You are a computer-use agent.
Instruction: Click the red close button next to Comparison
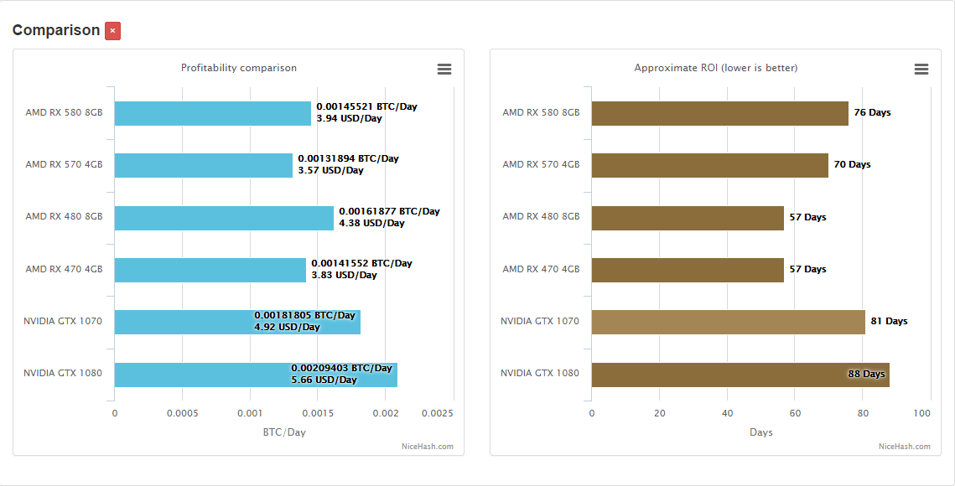pos(112,31)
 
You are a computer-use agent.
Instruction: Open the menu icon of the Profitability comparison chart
pos(444,69)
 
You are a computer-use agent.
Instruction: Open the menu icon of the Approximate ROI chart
pos(921,69)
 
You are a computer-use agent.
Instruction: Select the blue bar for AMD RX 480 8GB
pos(224,218)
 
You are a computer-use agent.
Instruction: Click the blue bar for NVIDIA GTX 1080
pos(201,375)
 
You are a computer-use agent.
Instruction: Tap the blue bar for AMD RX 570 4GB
pos(203,165)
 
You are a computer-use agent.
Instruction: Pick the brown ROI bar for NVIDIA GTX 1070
pos(728,322)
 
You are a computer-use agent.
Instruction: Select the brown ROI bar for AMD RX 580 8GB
pos(719,113)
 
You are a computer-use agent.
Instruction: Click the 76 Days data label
pos(872,112)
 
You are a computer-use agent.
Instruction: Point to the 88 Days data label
pos(866,374)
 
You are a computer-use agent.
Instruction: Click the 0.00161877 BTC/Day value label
pos(389,211)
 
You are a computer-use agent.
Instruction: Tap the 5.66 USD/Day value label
pos(324,380)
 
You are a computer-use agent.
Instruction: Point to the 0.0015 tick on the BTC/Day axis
pos(318,413)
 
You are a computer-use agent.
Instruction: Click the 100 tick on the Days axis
pos(922,413)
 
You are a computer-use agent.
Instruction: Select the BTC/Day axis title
pos(284,432)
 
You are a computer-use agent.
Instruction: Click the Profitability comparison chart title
pos(239,68)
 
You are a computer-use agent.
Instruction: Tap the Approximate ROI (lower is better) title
pos(715,68)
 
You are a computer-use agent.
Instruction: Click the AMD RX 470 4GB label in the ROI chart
pos(541,269)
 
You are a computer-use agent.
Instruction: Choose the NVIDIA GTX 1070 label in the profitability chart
pos(63,321)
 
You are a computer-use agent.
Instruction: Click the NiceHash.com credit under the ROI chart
pos(904,447)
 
